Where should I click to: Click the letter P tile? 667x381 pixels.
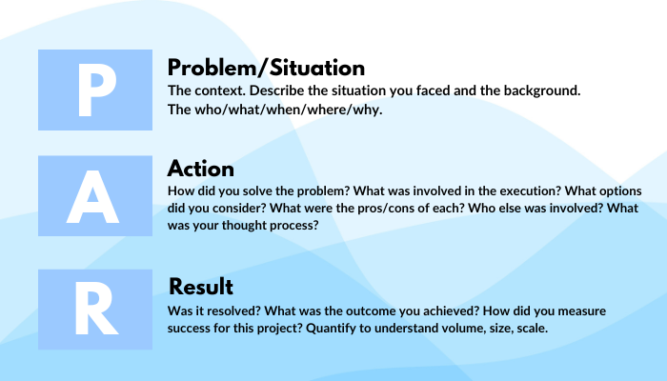pyautogui.click(x=95, y=89)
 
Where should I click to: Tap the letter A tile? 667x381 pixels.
pyautogui.click(x=95, y=196)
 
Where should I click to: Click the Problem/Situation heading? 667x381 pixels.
pyautogui.click(x=266, y=68)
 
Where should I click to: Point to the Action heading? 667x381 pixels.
pyautogui.click(x=201, y=169)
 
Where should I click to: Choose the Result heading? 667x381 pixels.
pyautogui.click(x=201, y=287)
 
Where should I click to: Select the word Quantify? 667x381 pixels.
pyautogui.click(x=379, y=329)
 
